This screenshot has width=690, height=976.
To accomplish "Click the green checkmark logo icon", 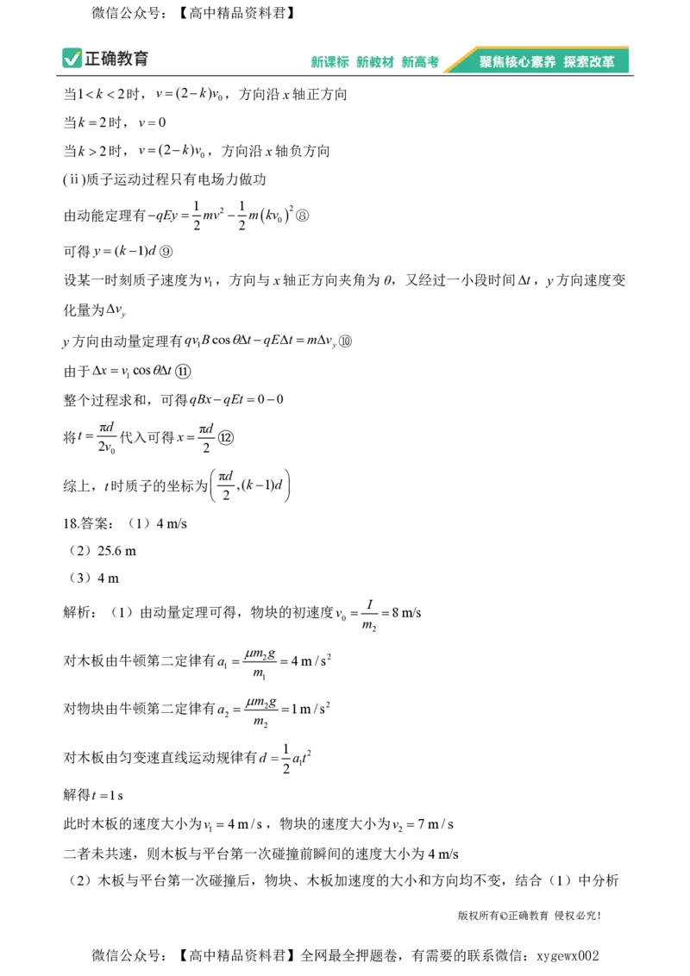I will (x=71, y=59).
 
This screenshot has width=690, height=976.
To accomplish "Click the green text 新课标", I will (x=329, y=62).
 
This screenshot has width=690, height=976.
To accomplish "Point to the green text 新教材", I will (x=375, y=62).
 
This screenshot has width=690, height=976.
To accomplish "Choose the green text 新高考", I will (x=420, y=62).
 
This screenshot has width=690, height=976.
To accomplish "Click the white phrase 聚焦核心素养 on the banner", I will (x=517, y=62).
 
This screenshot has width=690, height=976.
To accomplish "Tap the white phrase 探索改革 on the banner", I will (x=589, y=62).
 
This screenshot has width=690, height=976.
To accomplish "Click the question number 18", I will (x=70, y=523).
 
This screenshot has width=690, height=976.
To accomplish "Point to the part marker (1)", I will (x=138, y=523).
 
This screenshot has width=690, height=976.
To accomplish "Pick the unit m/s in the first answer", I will (x=177, y=523).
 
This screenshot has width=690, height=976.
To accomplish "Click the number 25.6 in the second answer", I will (x=110, y=551).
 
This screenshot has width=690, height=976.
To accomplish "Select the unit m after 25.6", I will (x=130, y=551).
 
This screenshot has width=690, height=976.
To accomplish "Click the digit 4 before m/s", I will (x=160, y=523).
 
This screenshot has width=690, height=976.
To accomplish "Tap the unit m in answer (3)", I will (x=114, y=579).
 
